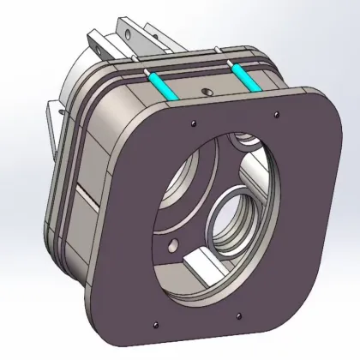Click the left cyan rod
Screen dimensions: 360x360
[162, 85]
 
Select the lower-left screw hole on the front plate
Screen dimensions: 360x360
[158, 323]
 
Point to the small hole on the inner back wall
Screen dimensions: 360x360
[174, 246]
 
